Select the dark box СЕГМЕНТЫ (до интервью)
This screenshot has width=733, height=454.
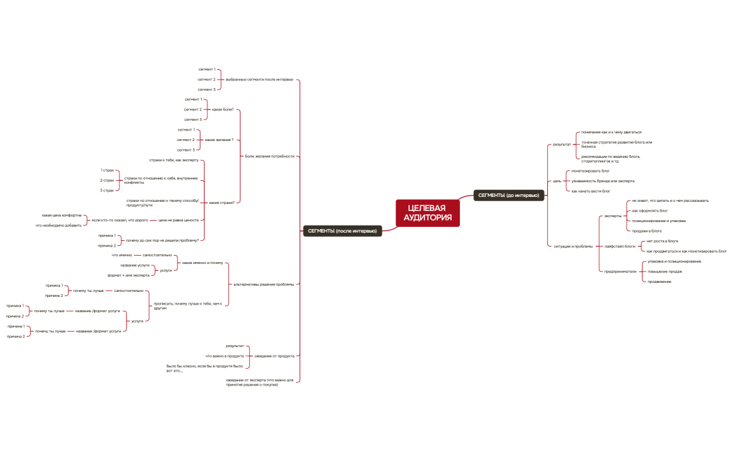[x=508, y=195]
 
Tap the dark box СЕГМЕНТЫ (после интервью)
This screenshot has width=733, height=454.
[x=342, y=230]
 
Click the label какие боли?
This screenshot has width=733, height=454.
[x=223, y=110]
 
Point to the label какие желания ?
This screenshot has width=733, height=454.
[x=219, y=140]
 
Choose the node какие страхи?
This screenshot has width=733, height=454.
[x=221, y=202]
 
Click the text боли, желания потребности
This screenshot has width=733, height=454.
[x=269, y=156]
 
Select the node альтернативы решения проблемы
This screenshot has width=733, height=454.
[x=263, y=284]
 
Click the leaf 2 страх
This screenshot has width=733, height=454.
[x=107, y=180]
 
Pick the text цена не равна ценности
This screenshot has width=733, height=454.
[x=178, y=220]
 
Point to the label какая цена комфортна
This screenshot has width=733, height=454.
[x=61, y=215]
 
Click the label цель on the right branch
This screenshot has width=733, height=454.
[x=557, y=181]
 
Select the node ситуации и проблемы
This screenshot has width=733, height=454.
[x=572, y=246]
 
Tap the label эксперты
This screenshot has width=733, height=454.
[x=612, y=216]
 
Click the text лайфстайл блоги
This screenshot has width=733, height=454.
[x=620, y=246]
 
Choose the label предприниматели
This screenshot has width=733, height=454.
[x=621, y=271]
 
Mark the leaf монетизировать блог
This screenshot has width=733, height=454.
[x=590, y=170]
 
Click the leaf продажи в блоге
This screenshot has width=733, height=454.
[x=646, y=230]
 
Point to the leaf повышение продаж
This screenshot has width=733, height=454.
[x=665, y=271]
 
